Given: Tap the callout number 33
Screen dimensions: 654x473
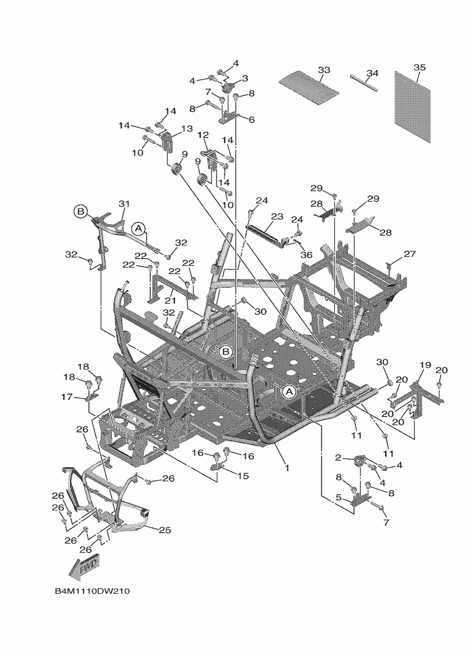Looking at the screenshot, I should coord(324,70).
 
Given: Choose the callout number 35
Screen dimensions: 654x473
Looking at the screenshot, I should coord(420,67).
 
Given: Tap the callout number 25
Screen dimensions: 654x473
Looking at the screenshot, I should coord(165,529).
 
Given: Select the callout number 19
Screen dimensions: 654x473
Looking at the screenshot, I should coord(425,365).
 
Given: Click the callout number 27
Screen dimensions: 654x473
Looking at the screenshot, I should coord(410,254).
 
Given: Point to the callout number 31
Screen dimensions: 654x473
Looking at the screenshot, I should coord(125,203).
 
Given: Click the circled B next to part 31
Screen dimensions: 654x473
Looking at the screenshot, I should coord(80,211).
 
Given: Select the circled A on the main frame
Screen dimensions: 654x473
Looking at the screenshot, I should coord(288,390).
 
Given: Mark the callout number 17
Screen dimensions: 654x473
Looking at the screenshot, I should coord(68,397).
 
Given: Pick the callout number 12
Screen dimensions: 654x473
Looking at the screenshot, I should coord(203,135).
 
